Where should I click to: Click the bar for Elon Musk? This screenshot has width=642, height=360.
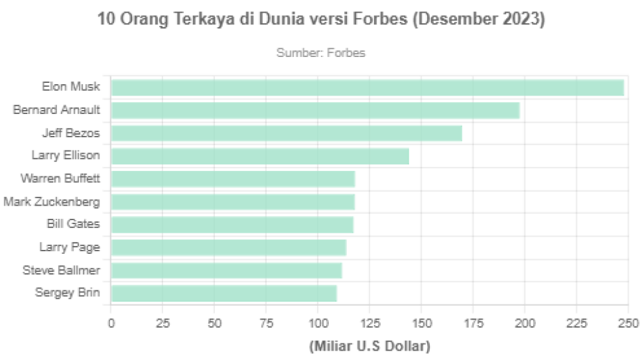(x=367, y=88)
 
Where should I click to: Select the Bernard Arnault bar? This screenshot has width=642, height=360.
(x=315, y=111)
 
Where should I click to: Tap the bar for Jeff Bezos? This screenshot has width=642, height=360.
(x=287, y=133)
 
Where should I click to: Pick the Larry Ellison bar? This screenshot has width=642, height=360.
(x=259, y=156)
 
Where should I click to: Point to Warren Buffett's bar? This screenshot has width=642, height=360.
(x=233, y=179)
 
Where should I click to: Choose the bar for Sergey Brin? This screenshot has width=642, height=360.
(x=224, y=292)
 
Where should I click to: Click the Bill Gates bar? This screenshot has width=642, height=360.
(x=232, y=224)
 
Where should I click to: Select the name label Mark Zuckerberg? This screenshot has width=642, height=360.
(x=52, y=202)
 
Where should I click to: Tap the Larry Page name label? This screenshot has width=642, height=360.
(x=70, y=247)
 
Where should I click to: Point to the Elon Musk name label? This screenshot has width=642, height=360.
(x=71, y=87)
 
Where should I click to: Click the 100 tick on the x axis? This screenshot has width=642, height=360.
(x=318, y=324)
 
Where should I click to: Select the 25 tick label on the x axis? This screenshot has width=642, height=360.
(x=162, y=324)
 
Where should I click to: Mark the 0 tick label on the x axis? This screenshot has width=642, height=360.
(x=111, y=324)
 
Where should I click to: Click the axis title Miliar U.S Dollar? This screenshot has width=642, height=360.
(x=369, y=346)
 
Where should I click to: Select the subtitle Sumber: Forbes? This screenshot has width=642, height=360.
(x=320, y=52)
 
